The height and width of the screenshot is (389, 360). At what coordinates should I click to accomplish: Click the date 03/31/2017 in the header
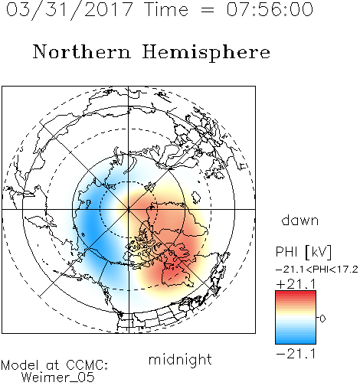(x=69, y=10)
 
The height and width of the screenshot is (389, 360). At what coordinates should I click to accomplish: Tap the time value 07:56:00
(x=270, y=9)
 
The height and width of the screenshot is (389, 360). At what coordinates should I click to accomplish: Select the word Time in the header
(x=166, y=9)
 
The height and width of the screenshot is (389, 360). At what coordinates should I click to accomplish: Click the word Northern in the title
(x=81, y=52)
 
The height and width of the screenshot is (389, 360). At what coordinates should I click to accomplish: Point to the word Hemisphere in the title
(x=206, y=52)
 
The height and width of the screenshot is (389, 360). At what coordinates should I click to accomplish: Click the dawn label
(x=300, y=220)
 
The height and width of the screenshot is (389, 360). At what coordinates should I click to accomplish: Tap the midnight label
(x=180, y=359)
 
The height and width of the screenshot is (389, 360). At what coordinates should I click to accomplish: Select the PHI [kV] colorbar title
(x=303, y=252)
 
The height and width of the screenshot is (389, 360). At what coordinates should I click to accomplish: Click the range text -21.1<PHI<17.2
(x=317, y=270)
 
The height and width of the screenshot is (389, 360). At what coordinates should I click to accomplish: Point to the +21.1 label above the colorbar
(x=296, y=284)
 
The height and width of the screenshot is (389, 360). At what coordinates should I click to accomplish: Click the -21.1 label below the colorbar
(x=296, y=354)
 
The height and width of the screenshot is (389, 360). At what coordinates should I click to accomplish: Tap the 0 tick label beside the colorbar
(x=322, y=319)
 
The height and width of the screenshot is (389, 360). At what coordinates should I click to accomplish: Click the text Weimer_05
(x=58, y=378)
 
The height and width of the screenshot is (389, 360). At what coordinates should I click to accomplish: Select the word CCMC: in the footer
(x=87, y=365)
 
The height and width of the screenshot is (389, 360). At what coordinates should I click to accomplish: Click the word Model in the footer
(x=20, y=365)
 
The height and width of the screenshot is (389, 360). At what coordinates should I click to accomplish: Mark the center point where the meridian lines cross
(x=129, y=209)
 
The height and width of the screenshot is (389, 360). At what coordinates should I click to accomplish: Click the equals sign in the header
(x=207, y=10)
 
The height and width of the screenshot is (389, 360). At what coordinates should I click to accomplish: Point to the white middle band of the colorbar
(x=296, y=318)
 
